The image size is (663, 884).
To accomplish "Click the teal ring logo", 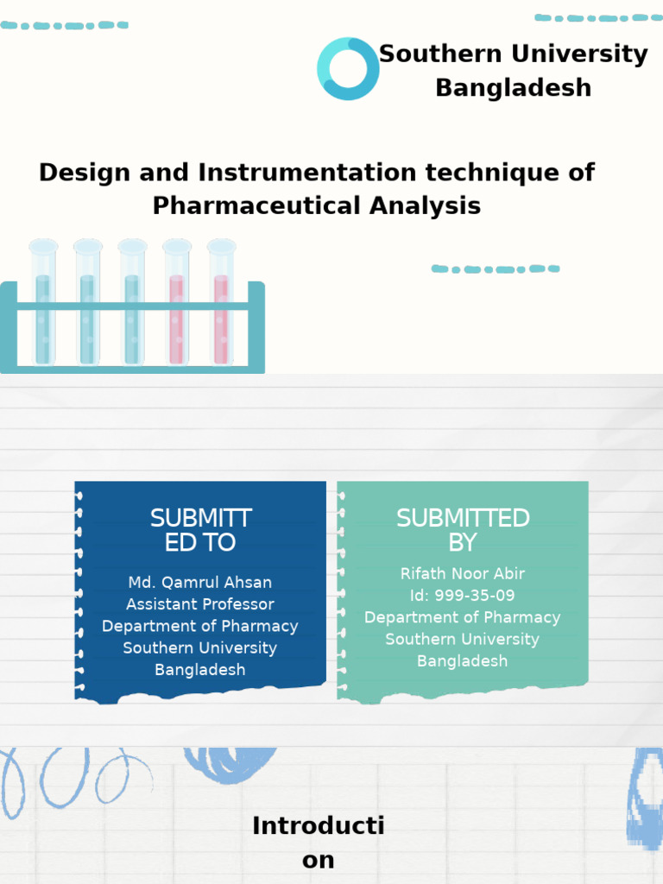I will [x=348, y=69].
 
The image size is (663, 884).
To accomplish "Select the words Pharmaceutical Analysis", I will [x=316, y=206].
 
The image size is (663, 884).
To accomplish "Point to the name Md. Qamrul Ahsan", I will [x=199, y=583].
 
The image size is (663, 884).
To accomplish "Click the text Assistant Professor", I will [x=199, y=604].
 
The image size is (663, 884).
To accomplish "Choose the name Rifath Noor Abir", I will [x=462, y=574].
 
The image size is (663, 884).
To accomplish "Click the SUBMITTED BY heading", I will [x=462, y=530].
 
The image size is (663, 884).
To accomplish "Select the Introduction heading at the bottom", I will [x=318, y=843].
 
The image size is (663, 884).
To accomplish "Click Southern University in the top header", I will [x=513, y=54].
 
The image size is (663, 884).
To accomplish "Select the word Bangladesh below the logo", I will [x=513, y=88].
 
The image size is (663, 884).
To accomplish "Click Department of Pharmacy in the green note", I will [x=462, y=617].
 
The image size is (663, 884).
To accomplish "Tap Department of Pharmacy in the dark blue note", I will [x=199, y=626].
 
